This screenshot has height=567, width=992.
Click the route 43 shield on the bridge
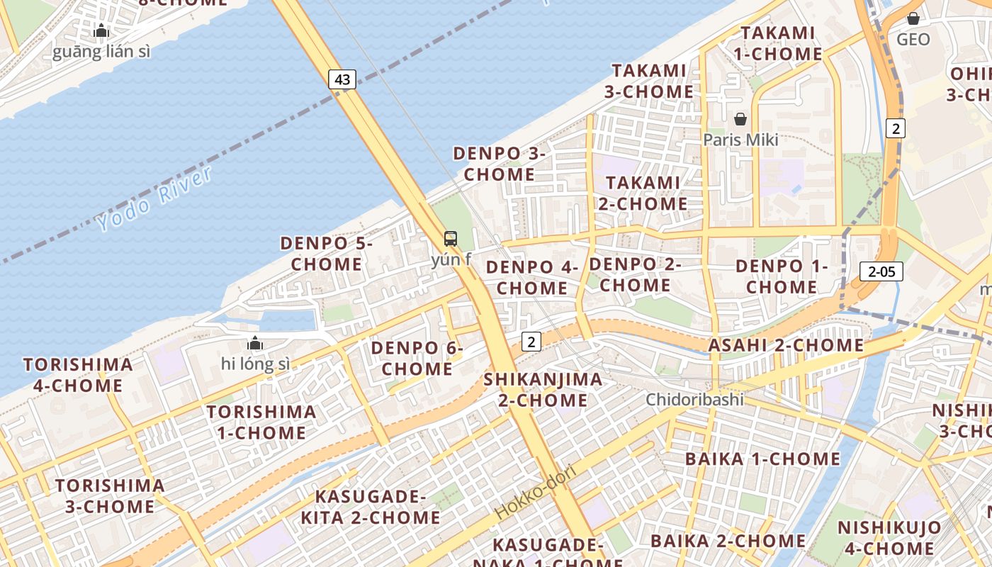[342, 79]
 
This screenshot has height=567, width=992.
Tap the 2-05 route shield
[881, 271]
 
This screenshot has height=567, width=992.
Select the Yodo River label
[154, 199]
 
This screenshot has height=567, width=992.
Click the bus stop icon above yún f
[451, 239]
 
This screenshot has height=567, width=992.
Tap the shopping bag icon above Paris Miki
[740, 119]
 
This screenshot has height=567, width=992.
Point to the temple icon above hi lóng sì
[255, 344]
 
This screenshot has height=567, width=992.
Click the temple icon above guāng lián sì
[101, 31]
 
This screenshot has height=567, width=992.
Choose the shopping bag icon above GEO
[913, 18]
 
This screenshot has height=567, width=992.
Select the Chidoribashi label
[694, 400]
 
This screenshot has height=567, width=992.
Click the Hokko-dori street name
[536, 491]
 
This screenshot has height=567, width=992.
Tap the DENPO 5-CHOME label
[327, 254]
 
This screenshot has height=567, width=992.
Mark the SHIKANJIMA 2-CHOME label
[543, 390]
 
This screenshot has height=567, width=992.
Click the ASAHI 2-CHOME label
[787, 346]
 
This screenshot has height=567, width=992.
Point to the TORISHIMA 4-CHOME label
[78, 376]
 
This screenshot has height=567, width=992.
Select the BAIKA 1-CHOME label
[762, 459]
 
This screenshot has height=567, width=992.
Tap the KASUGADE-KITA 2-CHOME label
[371, 507]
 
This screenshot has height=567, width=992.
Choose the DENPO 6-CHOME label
[417, 359]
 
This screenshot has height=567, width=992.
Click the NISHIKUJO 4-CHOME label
[889, 538]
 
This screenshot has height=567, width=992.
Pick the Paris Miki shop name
[740, 140]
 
